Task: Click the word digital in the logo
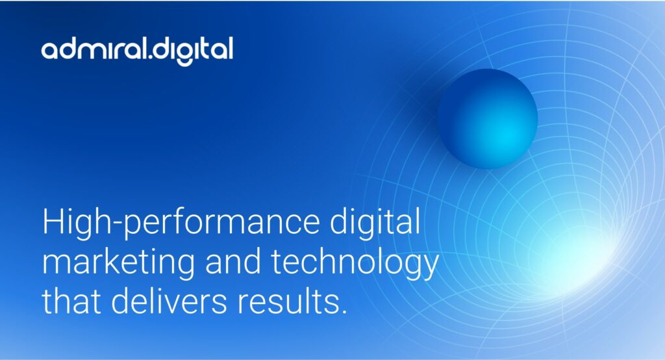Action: click(x=193, y=51)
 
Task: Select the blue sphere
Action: click(x=488, y=119)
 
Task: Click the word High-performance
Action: click(x=181, y=223)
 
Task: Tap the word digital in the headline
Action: click(x=375, y=222)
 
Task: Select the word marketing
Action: click(x=118, y=263)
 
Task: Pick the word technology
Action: click(x=355, y=263)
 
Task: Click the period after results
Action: click(x=344, y=311)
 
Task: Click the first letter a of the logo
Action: click(x=51, y=50)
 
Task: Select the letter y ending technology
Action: click(x=429, y=266)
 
